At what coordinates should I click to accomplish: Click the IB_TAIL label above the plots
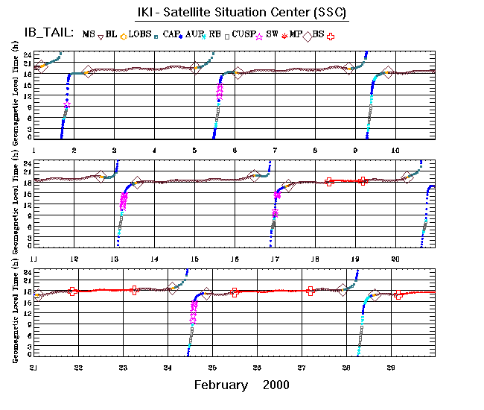(x=46, y=33)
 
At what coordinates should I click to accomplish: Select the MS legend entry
(x=89, y=34)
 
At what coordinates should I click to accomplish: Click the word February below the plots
(x=221, y=385)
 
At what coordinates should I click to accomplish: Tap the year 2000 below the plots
(x=276, y=385)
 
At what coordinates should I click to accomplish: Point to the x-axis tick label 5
(x=194, y=150)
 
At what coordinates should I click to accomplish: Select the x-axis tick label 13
(x=114, y=258)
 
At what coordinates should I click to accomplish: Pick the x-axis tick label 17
(x=275, y=258)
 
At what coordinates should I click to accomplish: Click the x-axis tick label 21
(x=34, y=368)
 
